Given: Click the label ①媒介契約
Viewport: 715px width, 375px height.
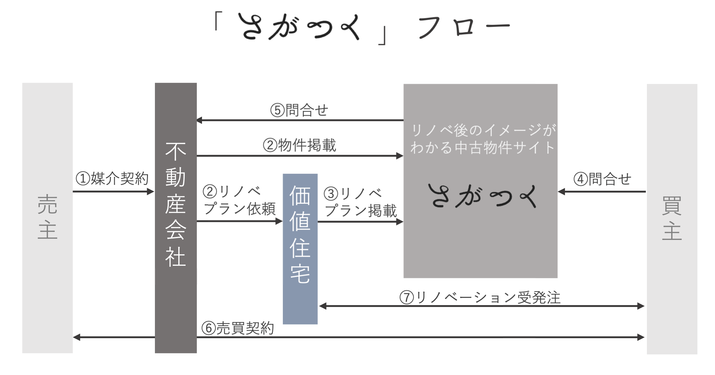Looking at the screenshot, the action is (112, 179).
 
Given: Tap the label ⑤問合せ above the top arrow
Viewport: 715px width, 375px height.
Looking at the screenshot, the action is (299, 110).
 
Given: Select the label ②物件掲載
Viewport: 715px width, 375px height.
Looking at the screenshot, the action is (299, 145).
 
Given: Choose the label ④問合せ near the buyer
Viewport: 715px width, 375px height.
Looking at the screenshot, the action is (602, 179).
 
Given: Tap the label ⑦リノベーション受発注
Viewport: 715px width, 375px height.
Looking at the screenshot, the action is (480, 297).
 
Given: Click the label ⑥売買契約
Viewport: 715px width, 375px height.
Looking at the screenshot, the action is (238, 328).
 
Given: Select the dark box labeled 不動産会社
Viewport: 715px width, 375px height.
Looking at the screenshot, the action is (176, 218).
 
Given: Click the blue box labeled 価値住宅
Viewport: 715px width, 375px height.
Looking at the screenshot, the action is (300, 248).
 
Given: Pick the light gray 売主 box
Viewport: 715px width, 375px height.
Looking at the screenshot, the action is (47, 218).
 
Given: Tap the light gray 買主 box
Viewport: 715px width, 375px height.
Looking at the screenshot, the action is (672, 219).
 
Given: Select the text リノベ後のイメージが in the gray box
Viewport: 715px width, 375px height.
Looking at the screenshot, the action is (483, 130).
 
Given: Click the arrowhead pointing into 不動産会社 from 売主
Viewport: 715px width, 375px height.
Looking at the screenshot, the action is (151, 192).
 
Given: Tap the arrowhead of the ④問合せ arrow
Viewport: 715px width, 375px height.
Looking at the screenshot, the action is (561, 192).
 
